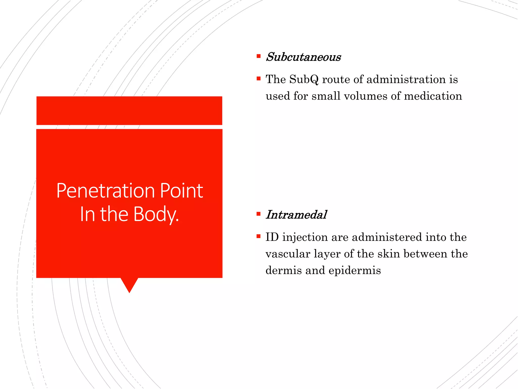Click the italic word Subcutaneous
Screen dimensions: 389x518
coord(303,57)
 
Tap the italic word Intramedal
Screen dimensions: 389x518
coord(296,215)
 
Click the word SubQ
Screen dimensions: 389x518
coord(304,80)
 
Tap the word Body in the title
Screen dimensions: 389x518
coord(156,214)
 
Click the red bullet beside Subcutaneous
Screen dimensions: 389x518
coord(258,56)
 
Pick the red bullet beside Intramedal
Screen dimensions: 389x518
coord(258,214)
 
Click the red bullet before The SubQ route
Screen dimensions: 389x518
coord(258,79)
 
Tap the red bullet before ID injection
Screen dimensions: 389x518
coord(258,236)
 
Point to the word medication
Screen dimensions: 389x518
coord(433,96)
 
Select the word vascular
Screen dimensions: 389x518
coord(288,254)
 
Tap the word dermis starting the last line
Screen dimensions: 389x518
coord(283,270)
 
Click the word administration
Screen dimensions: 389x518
coord(406,80)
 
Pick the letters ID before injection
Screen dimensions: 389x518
coord(272,237)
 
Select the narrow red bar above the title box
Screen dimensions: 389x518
coord(129,110)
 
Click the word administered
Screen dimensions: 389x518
coord(387,237)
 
